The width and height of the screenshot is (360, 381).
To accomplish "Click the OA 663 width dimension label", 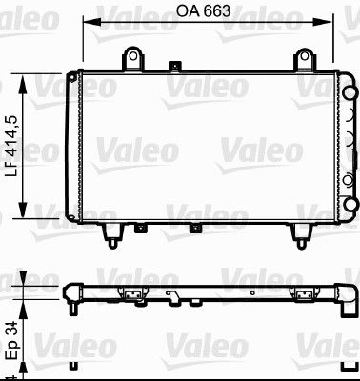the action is pos(203,11).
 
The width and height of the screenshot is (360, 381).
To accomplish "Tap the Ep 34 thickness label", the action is pos(13,340).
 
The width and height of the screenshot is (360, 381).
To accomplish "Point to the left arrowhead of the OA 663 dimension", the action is pos(91,22).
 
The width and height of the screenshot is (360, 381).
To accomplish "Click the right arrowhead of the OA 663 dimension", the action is pos(322,22).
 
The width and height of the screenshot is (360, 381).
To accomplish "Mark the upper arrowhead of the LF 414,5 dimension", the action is pos(23,84).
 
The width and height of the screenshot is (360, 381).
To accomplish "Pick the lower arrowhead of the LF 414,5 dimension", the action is pos(23,209).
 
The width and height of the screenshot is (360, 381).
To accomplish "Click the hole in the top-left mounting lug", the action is pos(132,56).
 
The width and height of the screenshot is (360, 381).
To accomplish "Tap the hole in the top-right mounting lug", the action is pos(305,56).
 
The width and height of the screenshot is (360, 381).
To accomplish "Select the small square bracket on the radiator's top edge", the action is pos(174,66).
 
